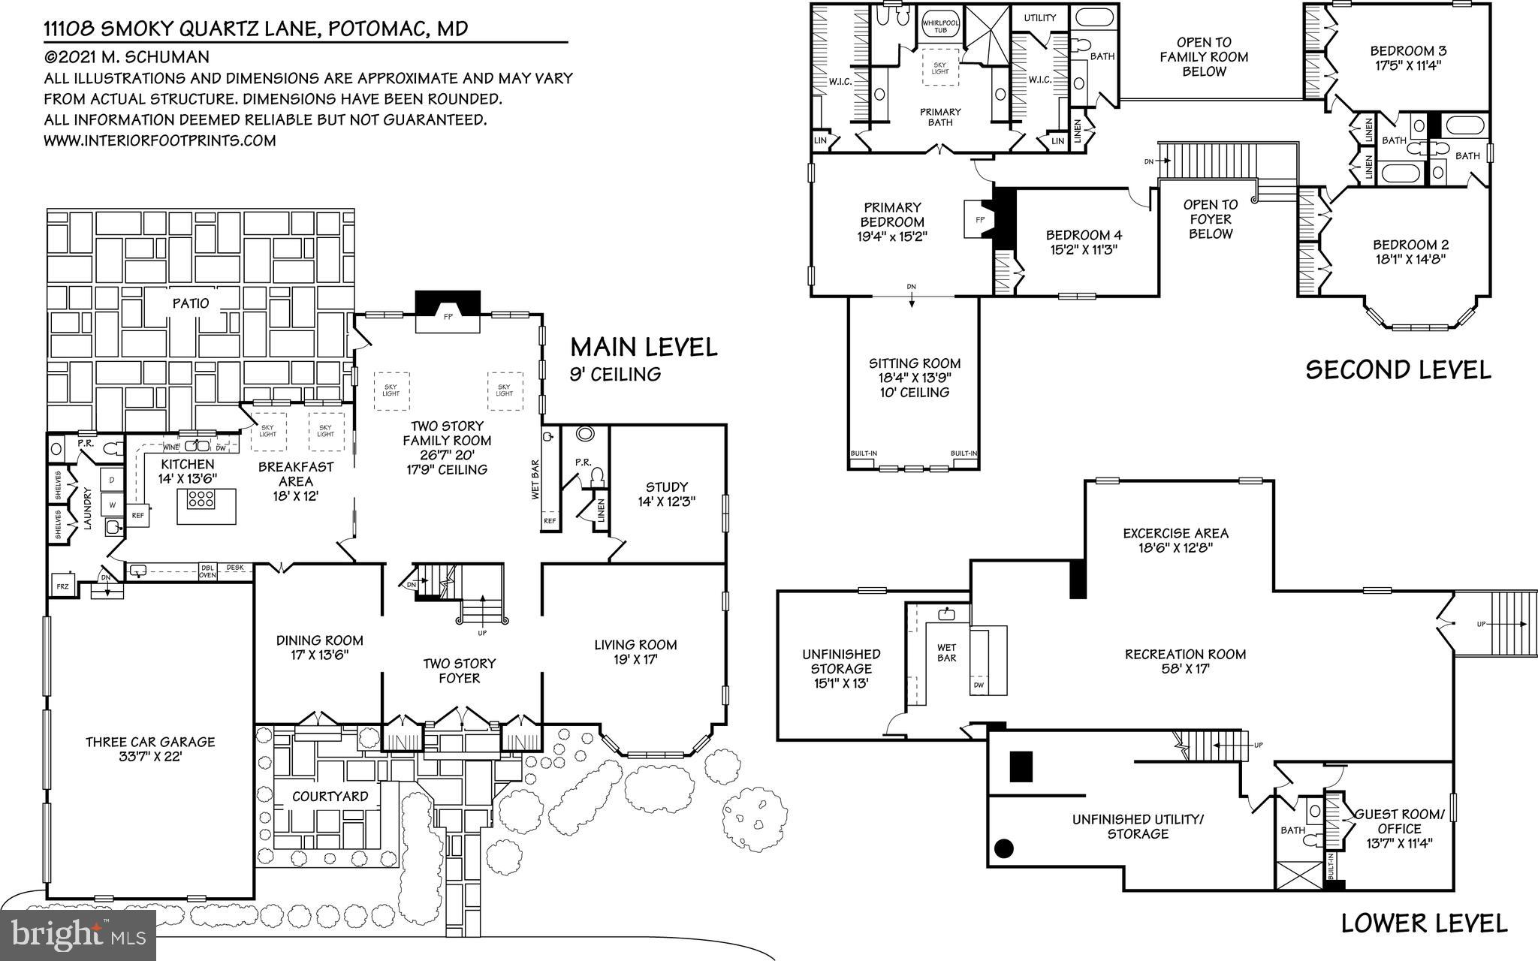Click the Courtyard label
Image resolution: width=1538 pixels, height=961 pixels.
click(x=330, y=797)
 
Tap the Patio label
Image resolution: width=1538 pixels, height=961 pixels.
click(x=191, y=303)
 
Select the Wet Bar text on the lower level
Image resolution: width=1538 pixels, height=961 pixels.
click(x=946, y=653)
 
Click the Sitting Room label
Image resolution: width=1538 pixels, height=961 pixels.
click(x=915, y=363)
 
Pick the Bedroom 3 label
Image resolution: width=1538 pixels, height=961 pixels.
click(x=1398, y=51)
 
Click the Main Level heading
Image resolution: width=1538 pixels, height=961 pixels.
click(x=644, y=347)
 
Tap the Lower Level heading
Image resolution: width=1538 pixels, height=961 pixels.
click(x=1424, y=923)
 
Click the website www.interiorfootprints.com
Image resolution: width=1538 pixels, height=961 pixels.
click(x=159, y=140)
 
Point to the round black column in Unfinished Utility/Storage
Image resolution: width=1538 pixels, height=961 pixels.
click(x=1003, y=849)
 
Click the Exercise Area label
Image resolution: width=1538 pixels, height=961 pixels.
click(x=1175, y=533)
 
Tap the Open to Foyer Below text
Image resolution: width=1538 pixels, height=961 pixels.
click(x=1210, y=219)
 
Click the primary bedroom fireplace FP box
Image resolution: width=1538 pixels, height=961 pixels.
click(x=979, y=219)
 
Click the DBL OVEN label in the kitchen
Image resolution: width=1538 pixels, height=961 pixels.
click(x=207, y=572)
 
